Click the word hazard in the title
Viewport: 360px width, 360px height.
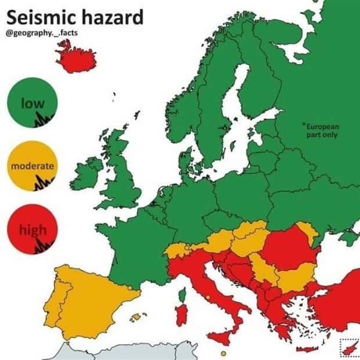(111, 17)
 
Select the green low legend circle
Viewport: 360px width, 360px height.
(33, 103)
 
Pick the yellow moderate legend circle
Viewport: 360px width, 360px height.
(33, 165)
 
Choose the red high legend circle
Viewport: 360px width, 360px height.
(33, 230)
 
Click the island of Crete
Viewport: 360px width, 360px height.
(308, 349)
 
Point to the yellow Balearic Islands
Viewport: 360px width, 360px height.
(138, 316)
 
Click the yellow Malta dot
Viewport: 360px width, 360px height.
(223, 352)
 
